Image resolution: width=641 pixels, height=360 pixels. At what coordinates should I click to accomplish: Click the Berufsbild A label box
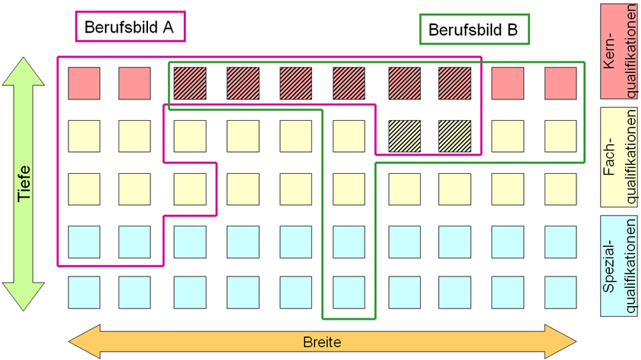(x=131, y=27)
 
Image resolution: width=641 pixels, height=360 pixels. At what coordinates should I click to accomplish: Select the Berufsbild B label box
(x=475, y=29)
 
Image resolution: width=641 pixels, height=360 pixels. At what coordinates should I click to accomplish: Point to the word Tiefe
(x=24, y=184)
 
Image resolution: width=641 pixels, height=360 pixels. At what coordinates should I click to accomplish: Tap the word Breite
(x=322, y=342)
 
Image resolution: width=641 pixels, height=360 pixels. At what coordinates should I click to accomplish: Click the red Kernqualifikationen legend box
(x=619, y=52)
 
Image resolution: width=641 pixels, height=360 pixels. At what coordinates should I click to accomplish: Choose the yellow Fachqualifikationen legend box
(x=619, y=157)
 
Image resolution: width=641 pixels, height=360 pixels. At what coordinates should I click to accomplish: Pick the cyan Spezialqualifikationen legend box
(x=619, y=266)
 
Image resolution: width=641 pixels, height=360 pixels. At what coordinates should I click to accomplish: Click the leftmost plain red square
(x=84, y=84)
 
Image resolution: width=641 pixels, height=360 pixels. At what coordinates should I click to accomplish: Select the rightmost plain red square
(x=560, y=84)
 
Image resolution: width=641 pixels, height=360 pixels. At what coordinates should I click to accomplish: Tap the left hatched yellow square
(x=404, y=136)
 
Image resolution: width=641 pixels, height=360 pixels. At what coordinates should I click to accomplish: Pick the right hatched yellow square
(x=455, y=136)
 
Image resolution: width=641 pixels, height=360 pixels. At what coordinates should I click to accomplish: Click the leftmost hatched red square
(x=190, y=84)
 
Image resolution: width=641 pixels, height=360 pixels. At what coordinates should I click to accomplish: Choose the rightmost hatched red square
(x=455, y=84)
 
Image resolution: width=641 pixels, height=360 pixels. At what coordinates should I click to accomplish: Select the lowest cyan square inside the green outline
(x=349, y=292)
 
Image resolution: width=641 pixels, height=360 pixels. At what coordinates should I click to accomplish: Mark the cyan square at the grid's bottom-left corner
(x=84, y=292)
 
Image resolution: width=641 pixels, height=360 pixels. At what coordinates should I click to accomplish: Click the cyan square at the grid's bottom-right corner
(x=560, y=292)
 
